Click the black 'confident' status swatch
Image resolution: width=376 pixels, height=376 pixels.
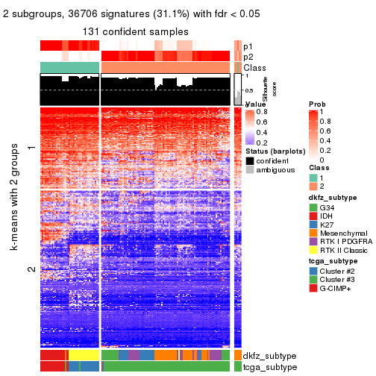[249, 161]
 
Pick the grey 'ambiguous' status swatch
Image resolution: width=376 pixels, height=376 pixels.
[249, 170]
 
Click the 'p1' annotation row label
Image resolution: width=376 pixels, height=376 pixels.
[248, 46]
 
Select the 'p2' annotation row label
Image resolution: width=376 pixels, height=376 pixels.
[248, 57]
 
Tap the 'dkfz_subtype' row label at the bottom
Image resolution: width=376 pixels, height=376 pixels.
[269, 356]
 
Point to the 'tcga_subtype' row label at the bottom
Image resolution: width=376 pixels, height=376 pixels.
[269, 366]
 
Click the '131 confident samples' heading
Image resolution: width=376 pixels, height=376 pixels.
[136, 31]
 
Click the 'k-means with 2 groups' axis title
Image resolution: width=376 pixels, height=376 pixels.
[15, 199]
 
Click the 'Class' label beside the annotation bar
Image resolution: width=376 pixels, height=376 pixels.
[254, 68]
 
